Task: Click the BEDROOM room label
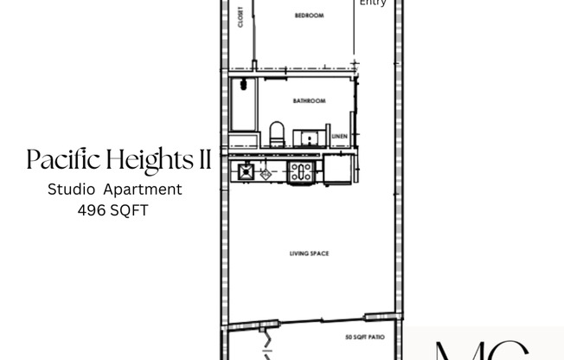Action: coord(309,16)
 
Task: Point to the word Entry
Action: coord(373,3)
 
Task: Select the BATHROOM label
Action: coord(309,101)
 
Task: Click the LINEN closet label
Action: coord(339,135)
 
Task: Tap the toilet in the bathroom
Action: coord(277,134)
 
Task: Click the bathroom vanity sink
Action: coord(307,137)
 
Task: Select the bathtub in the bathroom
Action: coord(244,112)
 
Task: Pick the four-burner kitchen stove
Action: coord(300,171)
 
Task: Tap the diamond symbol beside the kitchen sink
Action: coord(266,174)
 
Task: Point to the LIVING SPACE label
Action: coord(309,254)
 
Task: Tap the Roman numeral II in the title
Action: coord(203,160)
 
